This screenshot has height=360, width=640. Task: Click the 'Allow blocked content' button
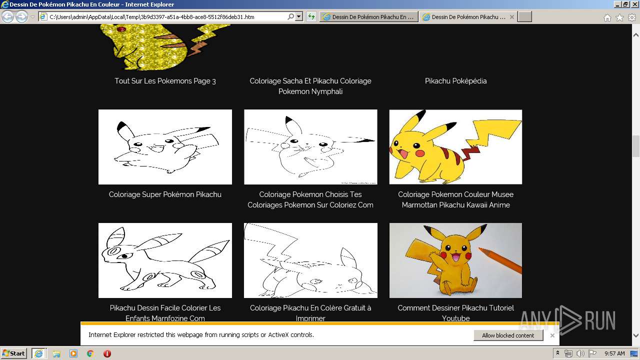click(508, 335)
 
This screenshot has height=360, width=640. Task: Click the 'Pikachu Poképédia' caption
click(455, 81)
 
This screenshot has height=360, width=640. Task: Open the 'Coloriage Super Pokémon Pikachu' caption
click(165, 194)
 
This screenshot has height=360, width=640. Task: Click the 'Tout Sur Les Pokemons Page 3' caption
click(165, 81)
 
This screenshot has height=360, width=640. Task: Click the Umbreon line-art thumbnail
click(165, 260)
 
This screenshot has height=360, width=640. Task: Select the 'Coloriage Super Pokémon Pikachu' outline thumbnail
click(165, 147)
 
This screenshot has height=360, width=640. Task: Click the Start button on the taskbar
click(13, 353)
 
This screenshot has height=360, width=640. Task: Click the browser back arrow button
click(8, 17)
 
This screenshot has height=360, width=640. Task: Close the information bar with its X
click(552, 335)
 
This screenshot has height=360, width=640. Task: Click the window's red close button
click(633, 4)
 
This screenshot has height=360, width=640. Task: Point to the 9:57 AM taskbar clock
click(614, 353)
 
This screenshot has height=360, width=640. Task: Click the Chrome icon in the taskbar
click(90, 353)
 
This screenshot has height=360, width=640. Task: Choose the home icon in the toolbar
click(607, 17)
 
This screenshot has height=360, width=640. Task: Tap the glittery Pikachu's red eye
click(120, 29)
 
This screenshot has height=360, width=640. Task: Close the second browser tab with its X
click(512, 17)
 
